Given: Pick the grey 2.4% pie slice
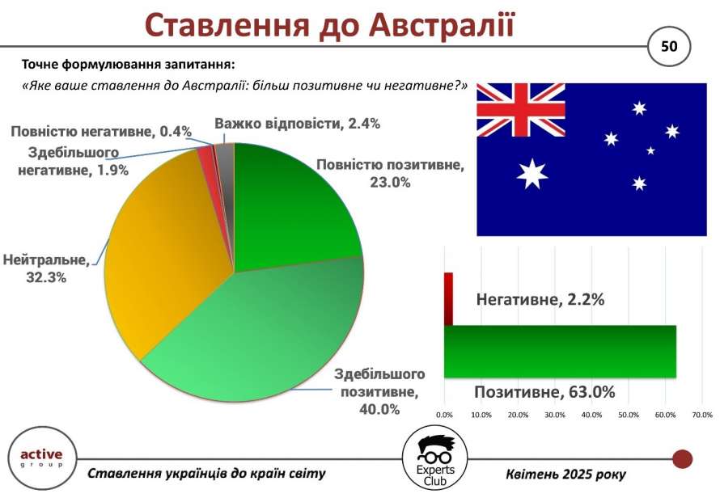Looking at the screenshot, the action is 226,156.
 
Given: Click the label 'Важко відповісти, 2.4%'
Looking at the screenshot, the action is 297,124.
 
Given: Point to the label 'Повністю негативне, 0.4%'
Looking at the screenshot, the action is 101,132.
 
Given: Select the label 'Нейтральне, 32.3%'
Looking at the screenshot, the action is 46,268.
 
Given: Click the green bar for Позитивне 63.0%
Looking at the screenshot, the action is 560,352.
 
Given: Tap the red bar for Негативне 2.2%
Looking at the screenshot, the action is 449,299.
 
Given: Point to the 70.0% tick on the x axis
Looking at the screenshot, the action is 701,415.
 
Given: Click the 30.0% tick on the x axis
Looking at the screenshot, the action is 555,415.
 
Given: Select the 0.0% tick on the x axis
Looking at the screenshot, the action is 444,415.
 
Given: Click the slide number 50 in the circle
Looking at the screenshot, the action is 669,46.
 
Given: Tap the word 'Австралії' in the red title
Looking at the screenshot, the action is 441,25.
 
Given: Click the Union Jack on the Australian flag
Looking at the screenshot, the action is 521,110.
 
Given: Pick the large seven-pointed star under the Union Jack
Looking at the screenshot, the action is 532,174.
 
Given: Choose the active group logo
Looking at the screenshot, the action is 42,458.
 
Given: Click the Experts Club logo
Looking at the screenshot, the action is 435,458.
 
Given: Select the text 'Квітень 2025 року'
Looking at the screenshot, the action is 566,474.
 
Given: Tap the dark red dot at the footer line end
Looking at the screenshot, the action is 682,459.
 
